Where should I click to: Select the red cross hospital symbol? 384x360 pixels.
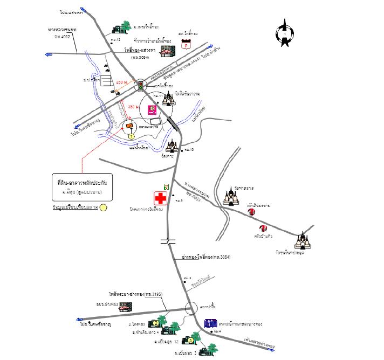[x=160, y=198]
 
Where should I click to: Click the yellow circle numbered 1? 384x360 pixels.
[x=131, y=136]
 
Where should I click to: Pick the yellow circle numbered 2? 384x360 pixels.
[x=155, y=323]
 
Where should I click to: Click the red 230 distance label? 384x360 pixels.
[x=121, y=82]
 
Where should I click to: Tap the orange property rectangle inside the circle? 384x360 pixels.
[x=129, y=127]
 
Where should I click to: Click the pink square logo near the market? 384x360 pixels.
[x=153, y=109]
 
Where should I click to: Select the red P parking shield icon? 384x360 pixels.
[x=188, y=46]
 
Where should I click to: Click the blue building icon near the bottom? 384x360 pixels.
[x=209, y=324]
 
